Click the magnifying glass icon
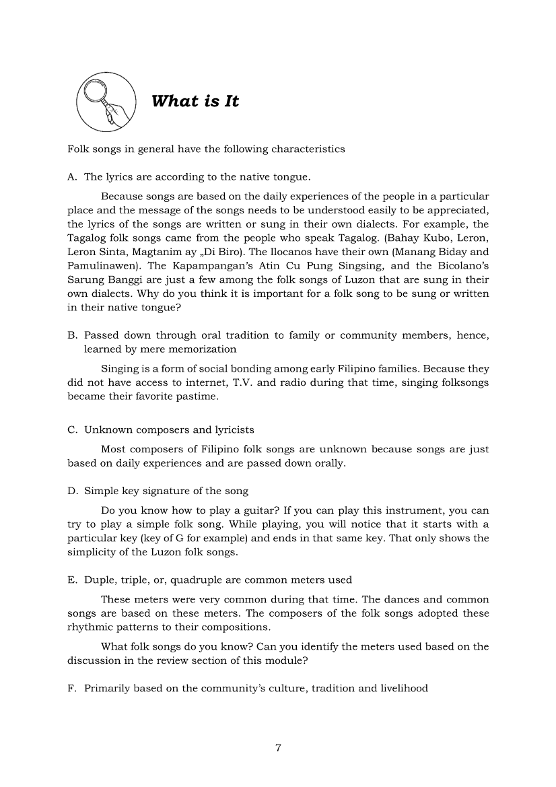106,102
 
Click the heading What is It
195,102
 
